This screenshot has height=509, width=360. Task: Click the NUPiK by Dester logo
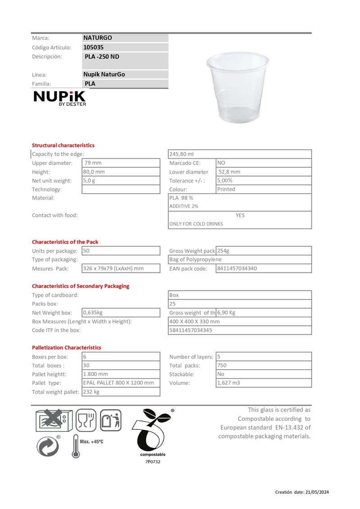click(59, 98)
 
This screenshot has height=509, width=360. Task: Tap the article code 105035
click(94, 47)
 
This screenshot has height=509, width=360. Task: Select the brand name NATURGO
click(98, 38)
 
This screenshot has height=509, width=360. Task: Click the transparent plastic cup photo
click(237, 87)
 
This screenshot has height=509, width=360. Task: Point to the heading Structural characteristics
click(63, 145)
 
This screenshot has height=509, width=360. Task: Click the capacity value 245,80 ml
click(181, 154)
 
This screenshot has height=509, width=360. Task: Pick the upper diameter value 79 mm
click(93, 163)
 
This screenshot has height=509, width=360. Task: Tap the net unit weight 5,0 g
click(89, 180)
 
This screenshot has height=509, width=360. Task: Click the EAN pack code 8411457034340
click(237, 268)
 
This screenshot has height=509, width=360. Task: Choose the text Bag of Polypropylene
click(195, 259)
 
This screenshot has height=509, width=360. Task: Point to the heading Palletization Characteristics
click(66, 348)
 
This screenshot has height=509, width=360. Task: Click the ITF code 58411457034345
click(191, 330)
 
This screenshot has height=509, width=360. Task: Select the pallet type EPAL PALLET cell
click(118, 383)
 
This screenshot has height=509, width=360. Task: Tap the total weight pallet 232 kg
click(91, 392)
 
